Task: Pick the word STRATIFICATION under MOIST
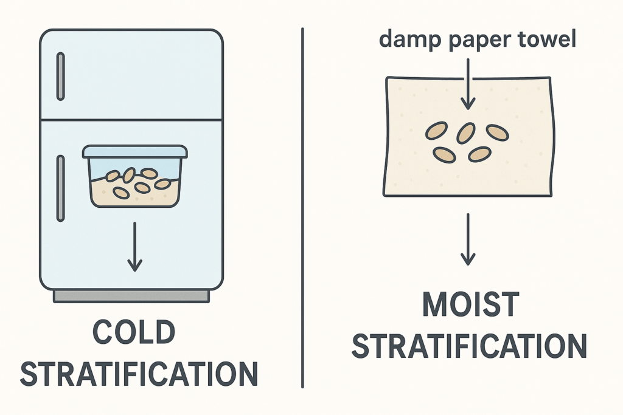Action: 470,346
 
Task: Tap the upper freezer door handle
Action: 60,77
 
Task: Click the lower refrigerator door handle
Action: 60,188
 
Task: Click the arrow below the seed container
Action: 134,246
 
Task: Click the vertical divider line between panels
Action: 302,207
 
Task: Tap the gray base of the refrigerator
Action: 131,296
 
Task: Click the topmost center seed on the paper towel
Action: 466,132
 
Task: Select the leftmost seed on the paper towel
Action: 436,129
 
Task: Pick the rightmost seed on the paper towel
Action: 497,132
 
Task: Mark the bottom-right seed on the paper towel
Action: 479,154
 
